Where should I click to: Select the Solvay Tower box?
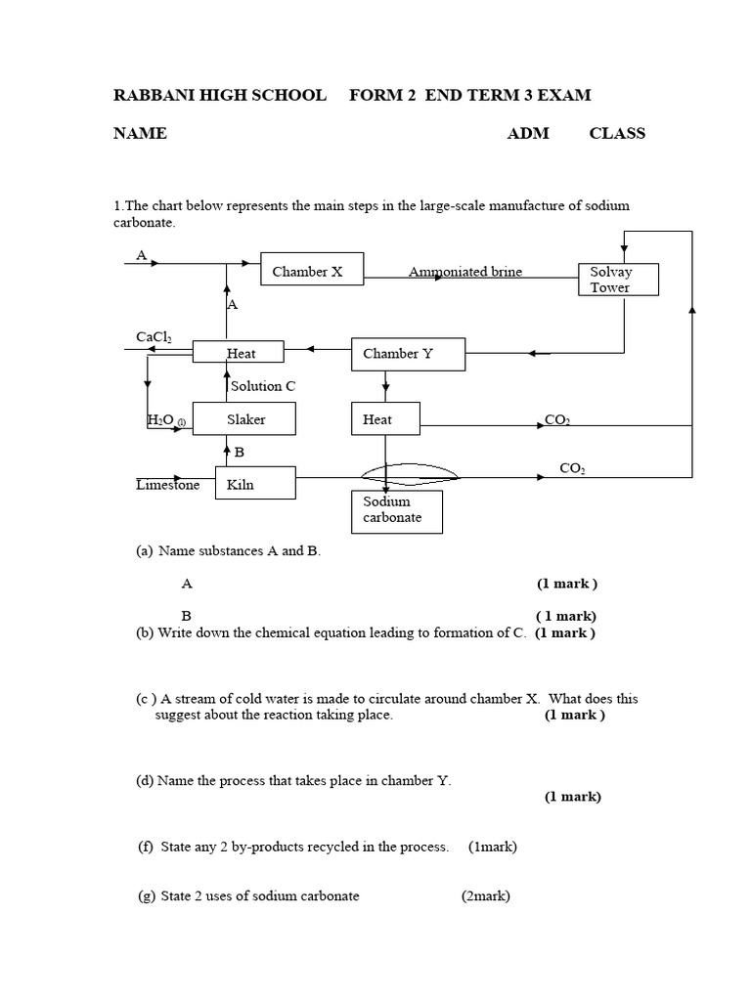[x=618, y=280]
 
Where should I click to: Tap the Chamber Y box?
[x=408, y=354]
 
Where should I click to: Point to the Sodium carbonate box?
[x=397, y=510]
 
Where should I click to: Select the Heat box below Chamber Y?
[x=384, y=419]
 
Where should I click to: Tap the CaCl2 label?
[x=154, y=337]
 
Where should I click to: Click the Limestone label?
[x=167, y=484]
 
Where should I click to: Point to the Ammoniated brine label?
[x=465, y=272]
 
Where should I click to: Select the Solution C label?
[x=263, y=386]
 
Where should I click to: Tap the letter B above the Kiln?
[x=239, y=453]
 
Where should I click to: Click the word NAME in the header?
[x=140, y=133]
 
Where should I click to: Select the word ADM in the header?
[x=527, y=133]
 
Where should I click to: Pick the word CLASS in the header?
[x=616, y=133]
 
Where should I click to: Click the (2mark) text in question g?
[x=485, y=895]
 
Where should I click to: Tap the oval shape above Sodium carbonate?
[x=410, y=474]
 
